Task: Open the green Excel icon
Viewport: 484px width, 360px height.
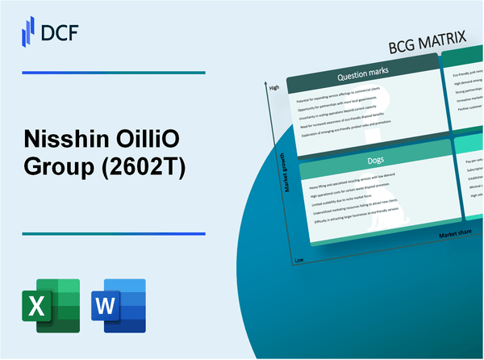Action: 51,306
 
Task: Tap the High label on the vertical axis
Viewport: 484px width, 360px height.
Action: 273,87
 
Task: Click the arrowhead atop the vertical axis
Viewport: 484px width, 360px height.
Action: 265,81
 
